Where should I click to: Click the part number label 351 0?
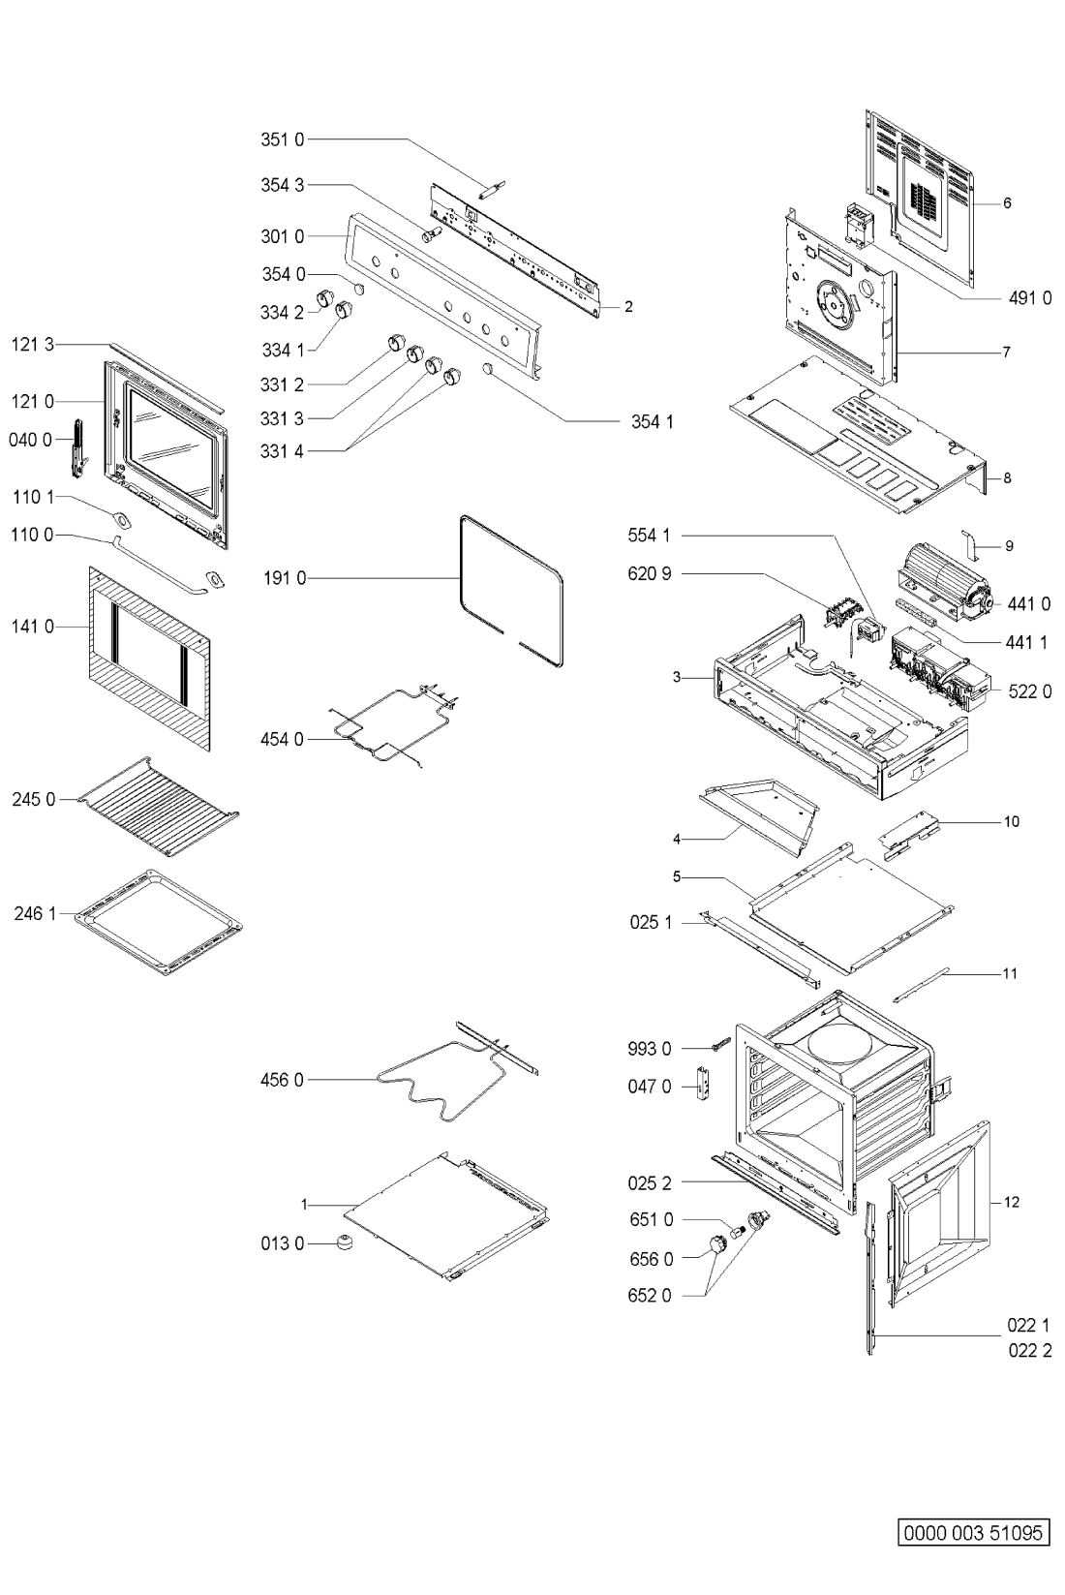pyautogui.click(x=282, y=139)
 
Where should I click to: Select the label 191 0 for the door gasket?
pyautogui.click(x=285, y=578)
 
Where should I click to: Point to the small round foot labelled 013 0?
pyautogui.click(x=346, y=1242)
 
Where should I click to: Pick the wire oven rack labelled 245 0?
pyautogui.click(x=158, y=806)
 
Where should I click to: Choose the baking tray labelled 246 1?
pyautogui.click(x=159, y=921)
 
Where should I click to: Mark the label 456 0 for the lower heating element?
pyautogui.click(x=282, y=1081)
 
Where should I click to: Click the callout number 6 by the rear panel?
pyautogui.click(x=1007, y=203)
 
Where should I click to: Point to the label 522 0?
pyautogui.click(x=1029, y=691)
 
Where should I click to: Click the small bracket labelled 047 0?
pyautogui.click(x=705, y=1083)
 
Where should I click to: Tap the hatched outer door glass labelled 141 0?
pyautogui.click(x=149, y=658)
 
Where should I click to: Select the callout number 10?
pyautogui.click(x=1012, y=821)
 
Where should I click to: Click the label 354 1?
pyautogui.click(x=653, y=421)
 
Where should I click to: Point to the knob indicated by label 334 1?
pyautogui.click(x=345, y=311)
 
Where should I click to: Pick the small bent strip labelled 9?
pyautogui.click(x=971, y=543)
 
